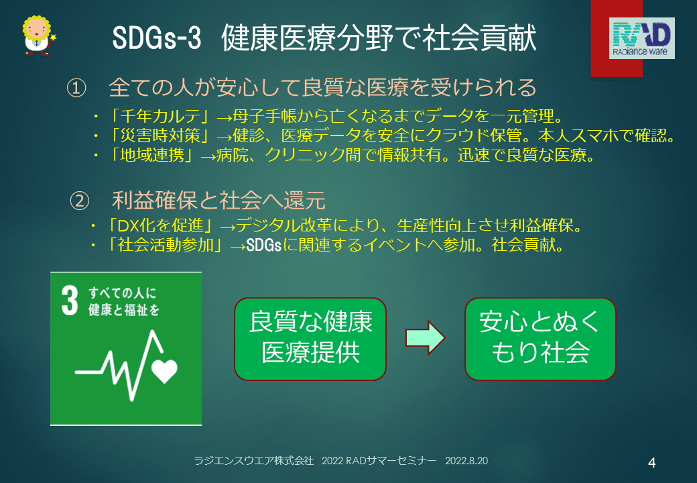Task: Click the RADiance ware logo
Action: [641, 38]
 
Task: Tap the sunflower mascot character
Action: [38, 36]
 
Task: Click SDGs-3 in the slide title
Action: [156, 38]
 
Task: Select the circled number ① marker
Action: [76, 88]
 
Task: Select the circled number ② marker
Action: [80, 201]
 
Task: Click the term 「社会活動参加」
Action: [166, 245]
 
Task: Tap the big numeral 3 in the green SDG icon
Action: [70, 301]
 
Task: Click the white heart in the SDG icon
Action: [164, 370]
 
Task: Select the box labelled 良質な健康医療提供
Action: [310, 339]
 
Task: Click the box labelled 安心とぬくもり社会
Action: [540, 339]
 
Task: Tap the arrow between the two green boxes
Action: [425, 337]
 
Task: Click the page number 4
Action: [651, 463]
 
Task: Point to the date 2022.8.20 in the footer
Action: [466, 461]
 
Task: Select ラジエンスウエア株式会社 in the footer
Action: [254, 461]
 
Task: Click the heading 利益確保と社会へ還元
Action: [218, 201]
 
